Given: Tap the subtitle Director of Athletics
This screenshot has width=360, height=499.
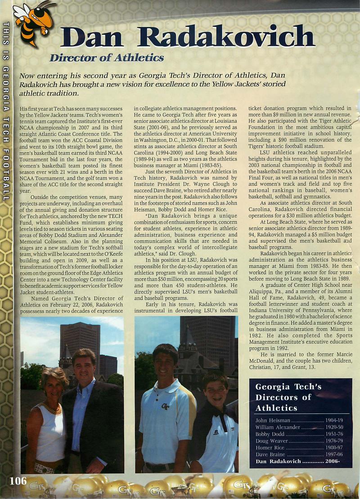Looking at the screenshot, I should point(106,58).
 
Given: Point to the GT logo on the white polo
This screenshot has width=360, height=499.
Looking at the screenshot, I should point(165,407).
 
